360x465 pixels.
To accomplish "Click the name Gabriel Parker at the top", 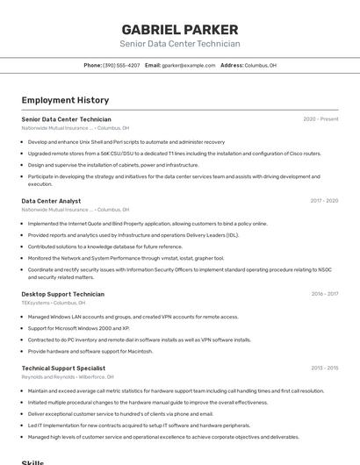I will point(179,29).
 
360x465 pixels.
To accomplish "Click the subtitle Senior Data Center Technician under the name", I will point(179,44).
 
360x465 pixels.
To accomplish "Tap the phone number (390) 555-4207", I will point(121,65).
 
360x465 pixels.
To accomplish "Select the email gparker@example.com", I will point(188,65).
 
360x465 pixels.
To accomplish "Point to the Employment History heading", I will point(65,100).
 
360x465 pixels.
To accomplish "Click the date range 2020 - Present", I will point(320,118).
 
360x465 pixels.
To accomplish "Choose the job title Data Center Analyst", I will point(51,201).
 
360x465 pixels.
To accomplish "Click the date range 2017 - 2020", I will point(324,201).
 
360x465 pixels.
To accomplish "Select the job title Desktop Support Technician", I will point(63,294).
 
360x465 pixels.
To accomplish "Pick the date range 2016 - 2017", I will point(324,294).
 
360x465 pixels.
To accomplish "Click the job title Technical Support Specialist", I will point(63,368).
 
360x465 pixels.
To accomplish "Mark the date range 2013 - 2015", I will point(324,368).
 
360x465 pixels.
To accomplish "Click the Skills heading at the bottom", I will point(32,461).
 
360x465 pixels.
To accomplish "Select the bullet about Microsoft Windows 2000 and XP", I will point(79,328).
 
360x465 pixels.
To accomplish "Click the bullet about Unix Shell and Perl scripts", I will point(126,141).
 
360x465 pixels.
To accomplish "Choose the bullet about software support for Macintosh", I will point(90,351).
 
